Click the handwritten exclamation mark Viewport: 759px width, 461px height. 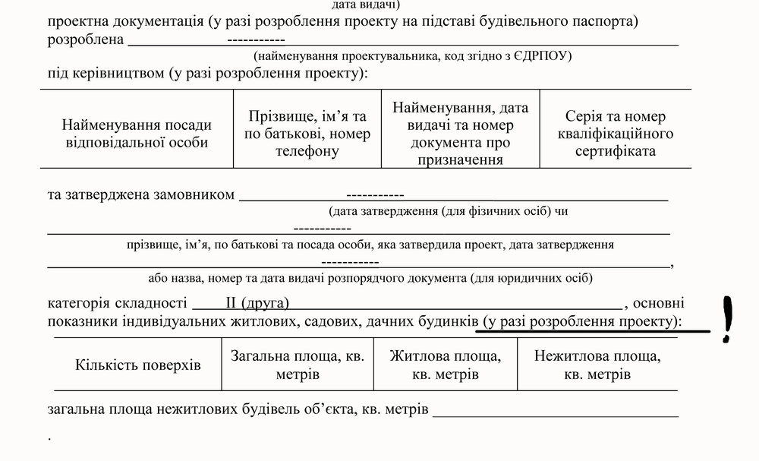(x=729, y=319)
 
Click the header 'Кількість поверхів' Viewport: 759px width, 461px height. (x=138, y=365)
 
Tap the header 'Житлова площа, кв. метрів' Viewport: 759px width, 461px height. (x=445, y=365)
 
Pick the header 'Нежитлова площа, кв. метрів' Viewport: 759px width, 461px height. (x=597, y=365)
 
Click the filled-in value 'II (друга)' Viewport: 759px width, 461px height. (x=257, y=304)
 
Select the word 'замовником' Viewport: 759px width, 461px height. (x=202, y=194)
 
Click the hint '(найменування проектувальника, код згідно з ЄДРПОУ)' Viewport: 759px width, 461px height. (x=414, y=56)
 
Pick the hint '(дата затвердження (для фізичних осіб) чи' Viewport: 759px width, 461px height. (x=448, y=212)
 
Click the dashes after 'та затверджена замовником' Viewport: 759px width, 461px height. (x=374, y=194)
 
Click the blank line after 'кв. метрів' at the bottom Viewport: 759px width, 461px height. (x=556, y=411)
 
